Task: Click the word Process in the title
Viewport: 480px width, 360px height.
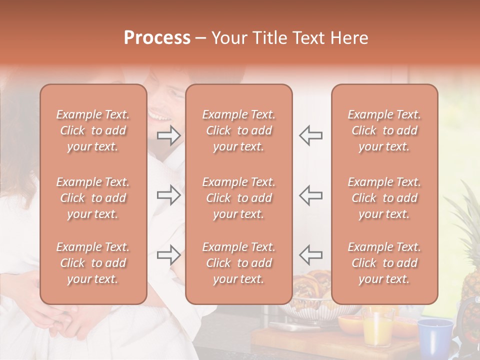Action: tap(157, 38)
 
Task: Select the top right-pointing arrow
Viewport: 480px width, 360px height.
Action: tap(169, 135)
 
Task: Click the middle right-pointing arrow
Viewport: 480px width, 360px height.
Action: tap(169, 195)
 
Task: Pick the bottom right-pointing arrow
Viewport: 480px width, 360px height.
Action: tap(169, 255)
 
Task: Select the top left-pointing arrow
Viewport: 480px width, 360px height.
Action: tap(310, 135)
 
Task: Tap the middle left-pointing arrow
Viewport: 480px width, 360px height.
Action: tap(310, 195)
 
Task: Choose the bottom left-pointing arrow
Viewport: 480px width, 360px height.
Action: tap(310, 255)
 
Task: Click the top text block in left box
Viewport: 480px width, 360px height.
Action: tap(93, 130)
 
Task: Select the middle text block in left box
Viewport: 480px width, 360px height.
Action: tap(93, 198)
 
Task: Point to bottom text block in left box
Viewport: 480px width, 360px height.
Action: tap(93, 263)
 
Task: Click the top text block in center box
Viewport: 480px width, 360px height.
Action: tap(238, 130)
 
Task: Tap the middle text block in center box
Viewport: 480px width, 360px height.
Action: tap(238, 198)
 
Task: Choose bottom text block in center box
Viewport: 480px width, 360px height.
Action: tap(238, 263)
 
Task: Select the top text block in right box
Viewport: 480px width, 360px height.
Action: tap(384, 130)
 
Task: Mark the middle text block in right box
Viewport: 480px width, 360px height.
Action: tap(384, 198)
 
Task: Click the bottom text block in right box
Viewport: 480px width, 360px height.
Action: tap(384, 263)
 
